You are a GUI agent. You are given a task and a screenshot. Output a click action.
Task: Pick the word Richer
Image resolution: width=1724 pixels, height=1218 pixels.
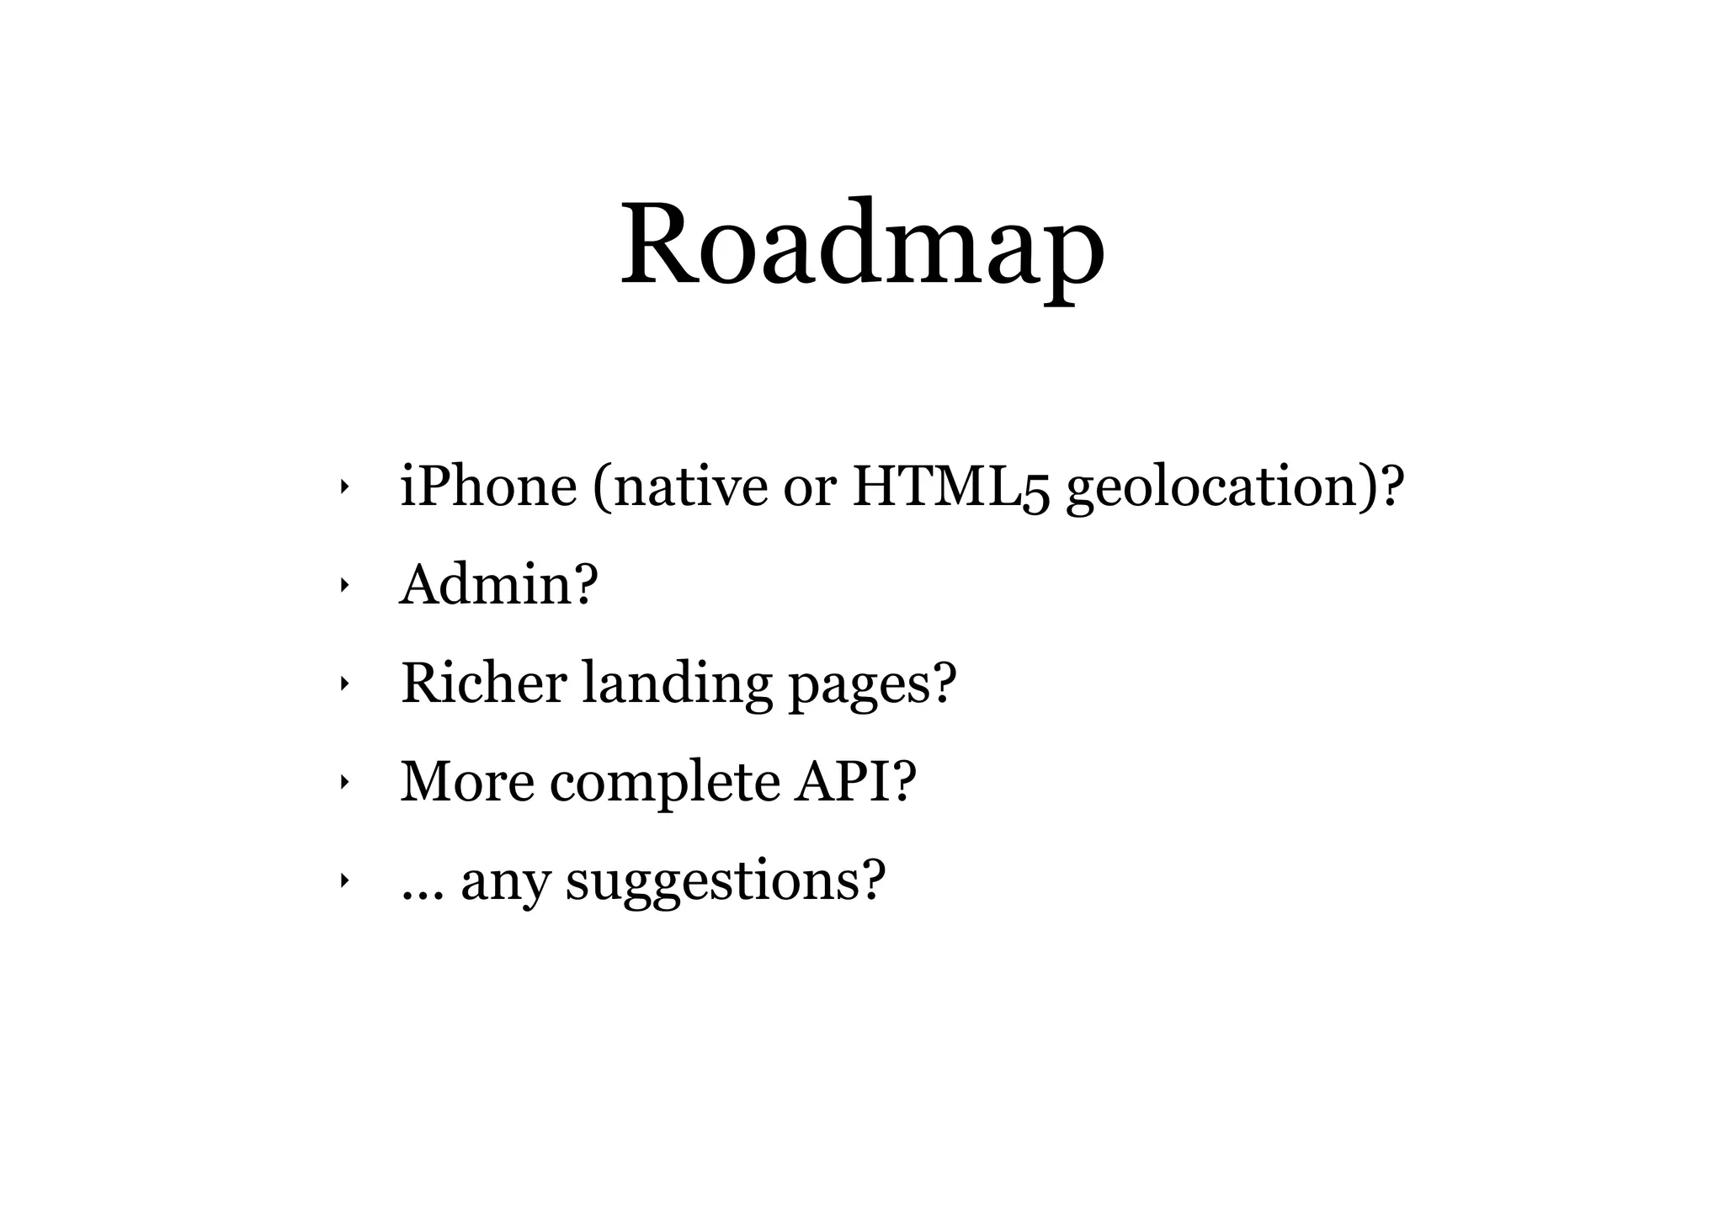[x=483, y=683]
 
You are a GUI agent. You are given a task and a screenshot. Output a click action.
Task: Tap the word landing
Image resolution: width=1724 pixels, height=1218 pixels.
[x=677, y=683]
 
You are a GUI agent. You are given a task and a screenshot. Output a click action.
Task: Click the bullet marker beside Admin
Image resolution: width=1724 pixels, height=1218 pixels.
[x=343, y=585]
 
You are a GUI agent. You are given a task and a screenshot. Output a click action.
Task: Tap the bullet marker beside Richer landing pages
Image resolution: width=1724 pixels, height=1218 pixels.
[x=343, y=683]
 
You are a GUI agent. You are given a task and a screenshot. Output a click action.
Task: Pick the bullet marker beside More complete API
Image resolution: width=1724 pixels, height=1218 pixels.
[x=343, y=782]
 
